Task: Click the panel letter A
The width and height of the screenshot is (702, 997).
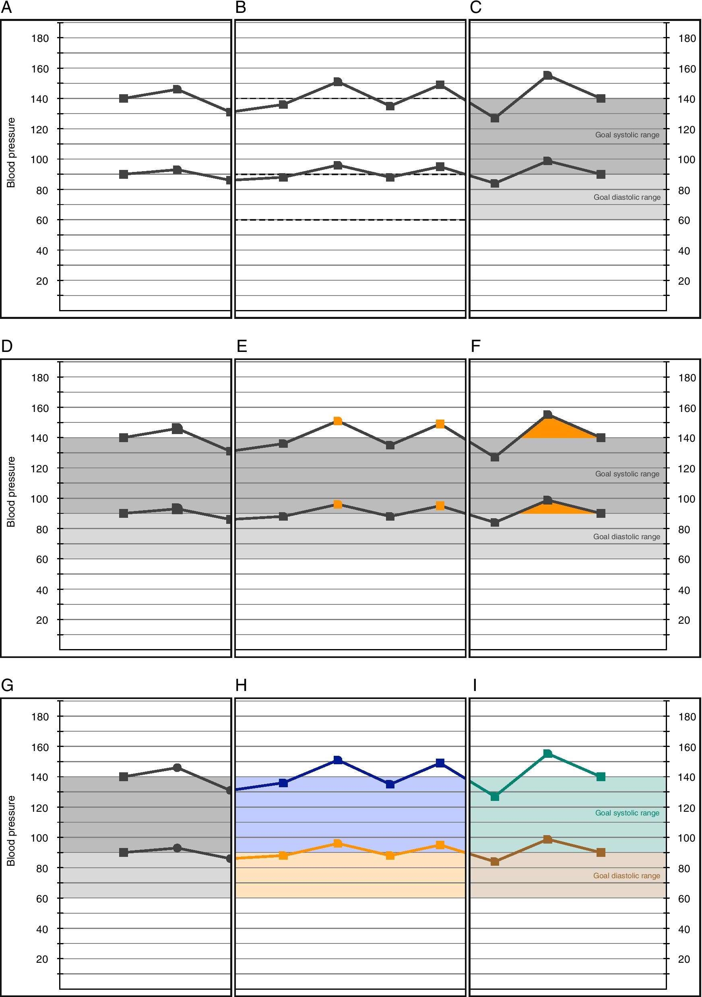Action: [x=6, y=7]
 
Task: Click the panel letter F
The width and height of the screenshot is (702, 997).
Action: [x=475, y=346]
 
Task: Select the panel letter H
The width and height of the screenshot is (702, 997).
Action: [x=241, y=685]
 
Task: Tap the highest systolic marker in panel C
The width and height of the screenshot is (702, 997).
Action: [x=547, y=76]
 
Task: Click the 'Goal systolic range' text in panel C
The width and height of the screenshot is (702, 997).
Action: [x=627, y=135]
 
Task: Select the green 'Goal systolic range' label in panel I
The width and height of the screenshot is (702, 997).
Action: [x=627, y=813]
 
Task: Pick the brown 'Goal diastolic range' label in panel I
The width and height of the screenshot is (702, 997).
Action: [x=626, y=876]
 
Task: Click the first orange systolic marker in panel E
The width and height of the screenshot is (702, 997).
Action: [x=337, y=421]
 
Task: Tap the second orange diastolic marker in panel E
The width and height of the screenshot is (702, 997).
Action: [x=440, y=505]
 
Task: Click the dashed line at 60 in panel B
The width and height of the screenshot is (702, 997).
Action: [x=350, y=220]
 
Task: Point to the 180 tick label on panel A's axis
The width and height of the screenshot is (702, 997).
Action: [x=40, y=38]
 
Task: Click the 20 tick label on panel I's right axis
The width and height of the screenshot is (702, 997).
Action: [x=684, y=959]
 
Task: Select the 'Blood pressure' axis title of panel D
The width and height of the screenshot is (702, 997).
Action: [x=11, y=492]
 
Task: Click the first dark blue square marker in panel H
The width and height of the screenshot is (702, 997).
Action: [x=283, y=783]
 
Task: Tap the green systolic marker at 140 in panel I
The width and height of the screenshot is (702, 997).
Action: [x=601, y=777]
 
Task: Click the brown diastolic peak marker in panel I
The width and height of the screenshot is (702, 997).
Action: [x=547, y=840]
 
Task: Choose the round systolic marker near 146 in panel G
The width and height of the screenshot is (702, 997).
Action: [x=177, y=768]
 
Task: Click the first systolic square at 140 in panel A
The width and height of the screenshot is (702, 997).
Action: [x=123, y=99]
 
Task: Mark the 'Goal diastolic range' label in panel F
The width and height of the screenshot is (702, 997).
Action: [x=626, y=537]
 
